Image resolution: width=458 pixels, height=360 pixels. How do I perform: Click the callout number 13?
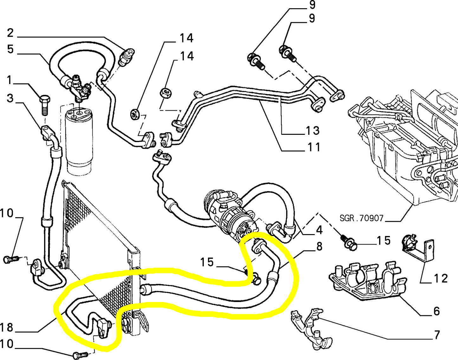[x=312, y=130]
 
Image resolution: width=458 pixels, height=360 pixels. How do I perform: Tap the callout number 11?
[x=313, y=147]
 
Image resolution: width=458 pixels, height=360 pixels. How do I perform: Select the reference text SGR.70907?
[x=361, y=218]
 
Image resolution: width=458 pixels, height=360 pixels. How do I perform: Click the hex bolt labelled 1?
[x=44, y=104]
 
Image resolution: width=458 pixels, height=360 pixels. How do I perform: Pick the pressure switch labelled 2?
[x=126, y=56]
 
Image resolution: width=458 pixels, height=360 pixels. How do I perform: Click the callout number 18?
[x=6, y=327]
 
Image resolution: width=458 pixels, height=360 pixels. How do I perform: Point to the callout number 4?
[x=319, y=230]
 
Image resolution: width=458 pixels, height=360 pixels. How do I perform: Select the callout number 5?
[x=10, y=49]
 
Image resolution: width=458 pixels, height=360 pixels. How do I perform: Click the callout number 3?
[x=10, y=98]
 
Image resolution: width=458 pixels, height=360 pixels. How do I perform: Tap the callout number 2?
[x=10, y=33]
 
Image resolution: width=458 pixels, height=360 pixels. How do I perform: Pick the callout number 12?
[x=440, y=278]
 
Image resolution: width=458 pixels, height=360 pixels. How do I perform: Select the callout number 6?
[x=436, y=311]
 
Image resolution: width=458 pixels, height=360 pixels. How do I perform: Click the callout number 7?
[x=437, y=335]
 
